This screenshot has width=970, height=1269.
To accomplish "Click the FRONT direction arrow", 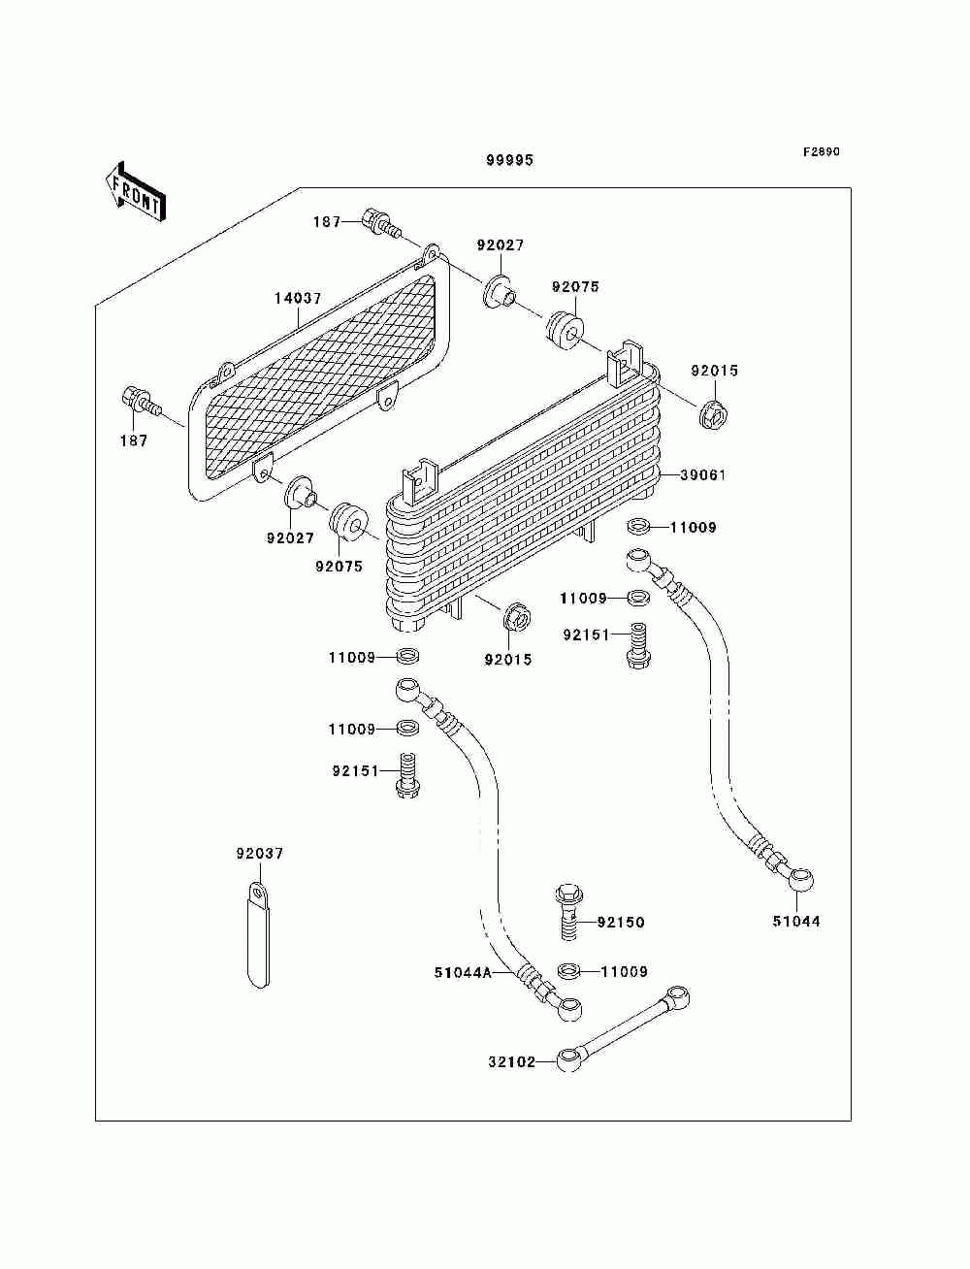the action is click(135, 192).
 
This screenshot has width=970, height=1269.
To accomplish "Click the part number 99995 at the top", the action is click(509, 160).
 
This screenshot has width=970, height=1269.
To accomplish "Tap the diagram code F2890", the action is click(821, 152).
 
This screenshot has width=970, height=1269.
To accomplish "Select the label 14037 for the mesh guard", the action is click(298, 298).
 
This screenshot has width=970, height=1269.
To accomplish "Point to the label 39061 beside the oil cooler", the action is click(702, 474).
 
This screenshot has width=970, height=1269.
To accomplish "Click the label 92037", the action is click(260, 854).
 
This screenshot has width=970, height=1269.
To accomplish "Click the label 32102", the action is click(511, 1062).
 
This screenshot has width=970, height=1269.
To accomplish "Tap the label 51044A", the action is click(463, 973).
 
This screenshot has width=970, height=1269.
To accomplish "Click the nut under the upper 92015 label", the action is click(713, 412).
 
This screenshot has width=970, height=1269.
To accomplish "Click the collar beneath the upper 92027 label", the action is click(499, 293).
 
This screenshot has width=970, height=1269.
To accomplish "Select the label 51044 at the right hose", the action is click(796, 921).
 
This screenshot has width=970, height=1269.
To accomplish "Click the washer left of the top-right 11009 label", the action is click(637, 526).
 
